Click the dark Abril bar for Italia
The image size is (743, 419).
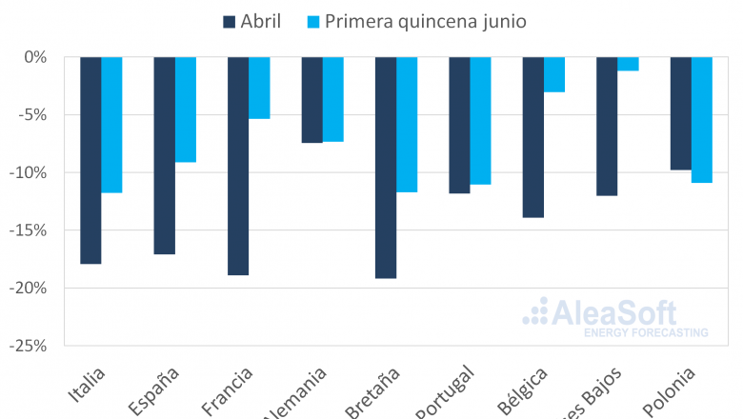90,160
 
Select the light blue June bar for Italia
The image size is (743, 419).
112,125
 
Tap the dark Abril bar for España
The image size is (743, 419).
164,155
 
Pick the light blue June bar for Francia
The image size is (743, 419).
260,88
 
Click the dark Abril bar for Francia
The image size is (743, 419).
238,166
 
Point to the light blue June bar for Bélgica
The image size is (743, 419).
554,74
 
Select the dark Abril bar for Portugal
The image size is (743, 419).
459,125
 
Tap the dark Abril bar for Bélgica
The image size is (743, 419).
532,137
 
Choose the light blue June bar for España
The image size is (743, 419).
186,110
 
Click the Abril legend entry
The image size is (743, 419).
251,21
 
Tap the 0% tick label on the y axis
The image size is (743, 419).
39,57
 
